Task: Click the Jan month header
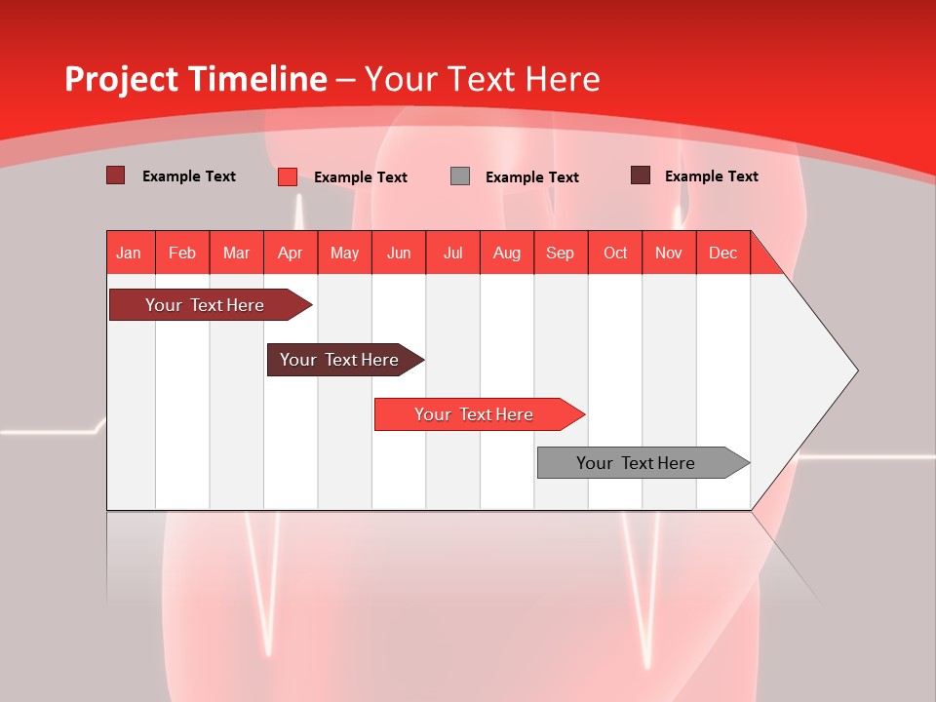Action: click(129, 253)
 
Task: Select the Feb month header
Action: click(182, 253)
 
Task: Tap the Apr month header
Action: click(290, 253)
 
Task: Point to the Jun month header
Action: click(399, 253)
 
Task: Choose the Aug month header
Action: click(506, 253)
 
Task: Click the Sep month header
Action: click(560, 253)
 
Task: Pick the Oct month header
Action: click(615, 253)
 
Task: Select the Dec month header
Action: click(722, 253)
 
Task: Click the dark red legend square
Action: click(116, 175)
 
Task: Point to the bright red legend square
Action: click(288, 176)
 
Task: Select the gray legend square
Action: click(460, 176)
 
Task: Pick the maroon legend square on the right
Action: click(641, 175)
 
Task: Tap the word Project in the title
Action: click(122, 79)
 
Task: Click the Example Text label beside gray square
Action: click(531, 176)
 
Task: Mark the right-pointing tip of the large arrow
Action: click(856, 370)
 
